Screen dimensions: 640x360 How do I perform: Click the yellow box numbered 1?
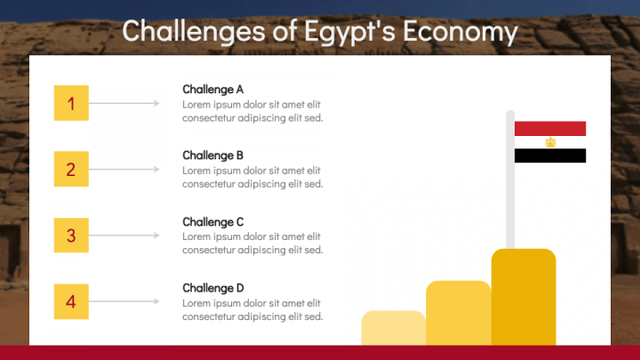[71, 103]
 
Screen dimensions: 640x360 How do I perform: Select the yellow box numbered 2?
[71, 169]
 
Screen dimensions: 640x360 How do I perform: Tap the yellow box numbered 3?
[71, 235]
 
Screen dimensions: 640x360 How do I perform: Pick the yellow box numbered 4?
[71, 301]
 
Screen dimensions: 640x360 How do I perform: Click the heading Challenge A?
[212, 90]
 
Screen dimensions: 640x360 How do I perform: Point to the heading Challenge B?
[212, 156]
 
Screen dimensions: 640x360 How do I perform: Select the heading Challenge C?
[212, 221]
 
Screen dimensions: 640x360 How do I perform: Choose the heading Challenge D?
[213, 288]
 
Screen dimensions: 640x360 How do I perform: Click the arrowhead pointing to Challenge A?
[156, 103]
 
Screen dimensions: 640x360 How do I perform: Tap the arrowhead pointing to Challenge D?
[156, 301]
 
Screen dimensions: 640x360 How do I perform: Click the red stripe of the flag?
[550, 128]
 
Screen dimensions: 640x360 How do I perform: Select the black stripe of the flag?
[550, 156]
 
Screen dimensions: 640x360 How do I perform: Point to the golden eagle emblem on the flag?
[550, 142]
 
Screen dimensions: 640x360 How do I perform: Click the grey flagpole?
[510, 180]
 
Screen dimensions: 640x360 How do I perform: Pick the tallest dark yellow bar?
[524, 297]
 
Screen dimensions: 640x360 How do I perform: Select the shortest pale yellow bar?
[393, 328]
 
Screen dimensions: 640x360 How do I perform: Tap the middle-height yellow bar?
[459, 313]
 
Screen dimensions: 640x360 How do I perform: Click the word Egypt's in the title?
[349, 31]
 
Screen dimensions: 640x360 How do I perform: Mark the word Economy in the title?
[460, 31]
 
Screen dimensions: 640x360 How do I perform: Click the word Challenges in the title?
[194, 31]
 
